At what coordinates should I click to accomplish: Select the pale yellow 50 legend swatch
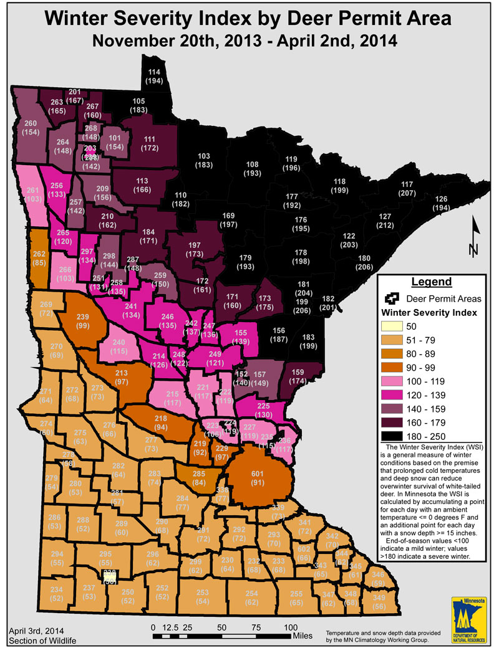(390, 326)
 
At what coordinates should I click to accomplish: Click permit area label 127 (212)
(384, 221)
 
